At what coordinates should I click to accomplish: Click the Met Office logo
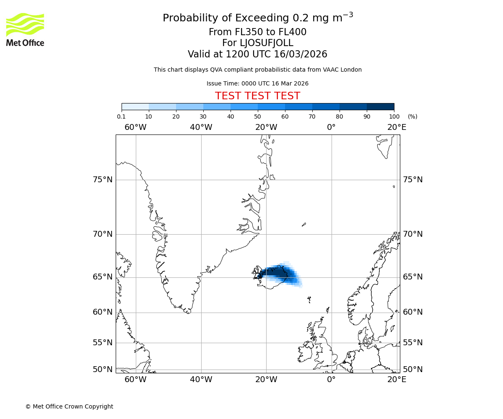coord(25,29)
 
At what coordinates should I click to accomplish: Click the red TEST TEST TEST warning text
coord(257,96)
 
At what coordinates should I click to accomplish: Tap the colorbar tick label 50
coord(257,117)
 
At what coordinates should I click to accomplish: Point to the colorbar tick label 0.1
coord(121,117)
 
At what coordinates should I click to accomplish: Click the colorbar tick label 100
coord(394,117)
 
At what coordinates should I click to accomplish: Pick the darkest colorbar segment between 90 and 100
coord(380,106)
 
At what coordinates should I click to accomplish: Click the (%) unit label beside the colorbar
coord(412,117)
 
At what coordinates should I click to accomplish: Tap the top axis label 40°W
coord(201,127)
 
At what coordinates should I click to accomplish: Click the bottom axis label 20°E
coord(397,380)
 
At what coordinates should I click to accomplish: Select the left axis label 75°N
coord(103,180)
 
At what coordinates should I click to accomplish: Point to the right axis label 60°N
coord(413,312)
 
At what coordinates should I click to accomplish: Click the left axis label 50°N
coord(103,370)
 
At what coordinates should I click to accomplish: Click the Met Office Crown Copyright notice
coord(69,406)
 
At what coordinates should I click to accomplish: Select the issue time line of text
coord(257,84)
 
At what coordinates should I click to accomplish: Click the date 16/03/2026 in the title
coord(301,54)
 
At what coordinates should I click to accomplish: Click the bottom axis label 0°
coord(331,380)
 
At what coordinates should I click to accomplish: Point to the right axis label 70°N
coord(413,234)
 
